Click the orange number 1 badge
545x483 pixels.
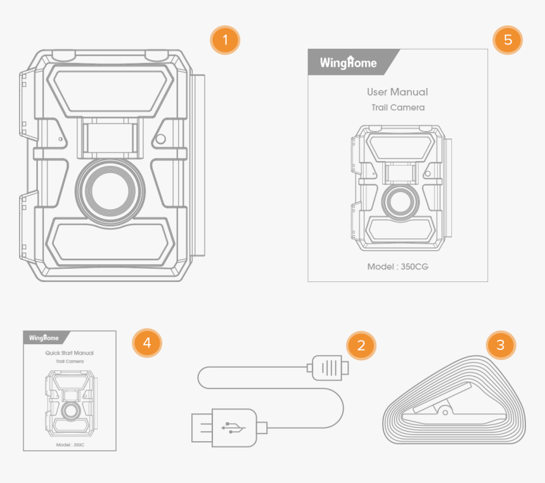point(225,41)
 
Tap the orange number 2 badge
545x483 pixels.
point(361,345)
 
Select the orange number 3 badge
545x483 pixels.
point(501,345)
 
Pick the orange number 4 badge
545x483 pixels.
point(147,343)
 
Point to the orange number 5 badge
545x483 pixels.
point(508,40)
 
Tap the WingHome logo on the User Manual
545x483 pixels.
point(348,63)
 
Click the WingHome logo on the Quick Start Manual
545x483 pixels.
point(44,338)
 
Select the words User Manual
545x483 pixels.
point(397,92)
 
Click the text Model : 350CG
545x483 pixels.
point(397,267)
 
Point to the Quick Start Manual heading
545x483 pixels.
point(69,353)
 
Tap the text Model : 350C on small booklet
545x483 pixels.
point(69,445)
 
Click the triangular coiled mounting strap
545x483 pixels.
point(454,402)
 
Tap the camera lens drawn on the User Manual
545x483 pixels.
point(399,201)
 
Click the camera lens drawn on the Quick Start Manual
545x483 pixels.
point(70,410)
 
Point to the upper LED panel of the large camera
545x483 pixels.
point(112,90)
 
